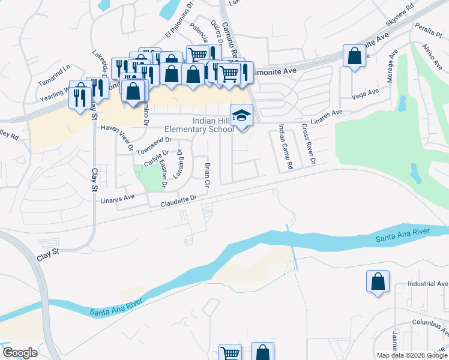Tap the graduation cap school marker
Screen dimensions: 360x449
click(241, 115)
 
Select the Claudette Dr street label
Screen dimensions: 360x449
click(178, 201)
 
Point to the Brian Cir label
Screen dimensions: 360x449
click(207, 174)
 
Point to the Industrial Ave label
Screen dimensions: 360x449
click(427, 284)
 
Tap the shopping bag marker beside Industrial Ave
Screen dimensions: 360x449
click(378, 281)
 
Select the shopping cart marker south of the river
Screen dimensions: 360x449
click(230, 352)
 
